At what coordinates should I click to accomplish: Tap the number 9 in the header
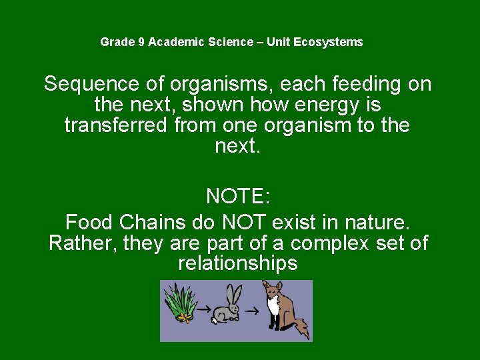141,42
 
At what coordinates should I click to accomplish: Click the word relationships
238,263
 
